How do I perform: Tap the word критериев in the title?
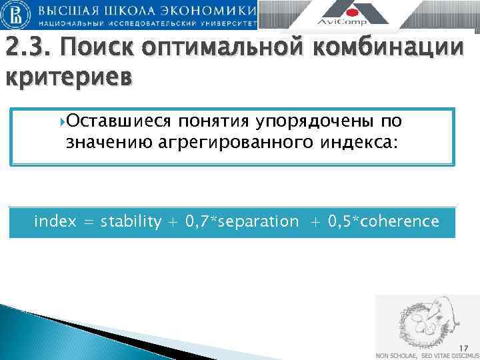[x=69, y=77]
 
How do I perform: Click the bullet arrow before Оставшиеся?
[x=63, y=121]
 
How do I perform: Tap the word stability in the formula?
[x=131, y=221]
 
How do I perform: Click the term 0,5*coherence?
[x=383, y=221]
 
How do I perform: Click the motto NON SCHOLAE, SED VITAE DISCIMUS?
[x=427, y=355]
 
